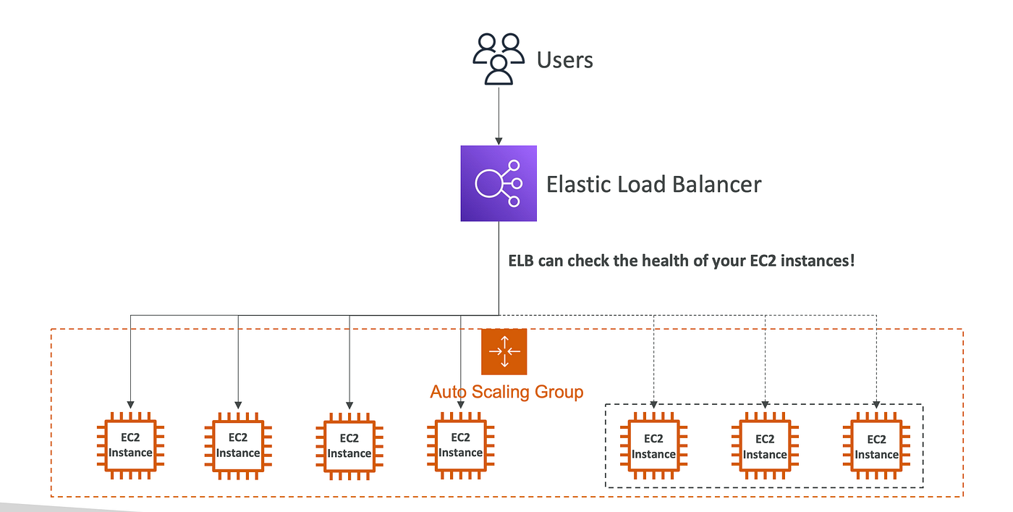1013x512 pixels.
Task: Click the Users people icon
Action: click(499, 59)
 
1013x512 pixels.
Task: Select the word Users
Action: click(564, 60)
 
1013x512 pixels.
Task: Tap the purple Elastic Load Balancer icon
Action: click(499, 183)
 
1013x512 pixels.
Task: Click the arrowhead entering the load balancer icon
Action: click(499, 141)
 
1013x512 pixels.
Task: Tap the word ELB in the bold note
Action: click(521, 261)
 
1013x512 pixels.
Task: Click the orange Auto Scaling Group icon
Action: click(504, 352)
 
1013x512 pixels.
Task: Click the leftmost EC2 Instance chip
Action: click(130, 445)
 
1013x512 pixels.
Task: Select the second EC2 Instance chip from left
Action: click(238, 446)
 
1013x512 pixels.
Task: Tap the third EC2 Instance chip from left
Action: click(349, 446)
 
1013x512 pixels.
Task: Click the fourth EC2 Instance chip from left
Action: click(460, 445)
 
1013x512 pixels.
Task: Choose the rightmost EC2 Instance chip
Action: click(876, 446)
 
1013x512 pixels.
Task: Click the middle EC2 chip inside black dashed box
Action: click(765, 446)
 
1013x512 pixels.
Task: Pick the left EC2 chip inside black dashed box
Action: click(653, 446)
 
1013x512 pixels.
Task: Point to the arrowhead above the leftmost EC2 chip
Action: click(130, 405)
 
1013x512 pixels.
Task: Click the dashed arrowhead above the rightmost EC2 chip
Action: click(876, 404)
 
